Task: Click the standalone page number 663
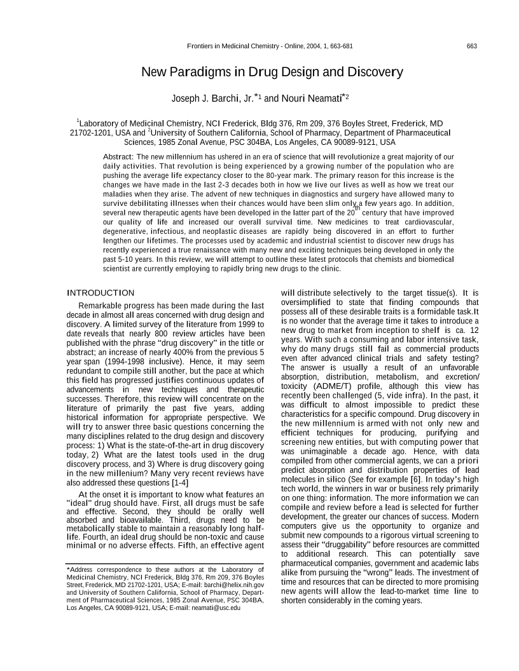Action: (x=471, y=46)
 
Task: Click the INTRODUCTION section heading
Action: (x=100, y=292)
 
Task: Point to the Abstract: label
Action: (x=118, y=156)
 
